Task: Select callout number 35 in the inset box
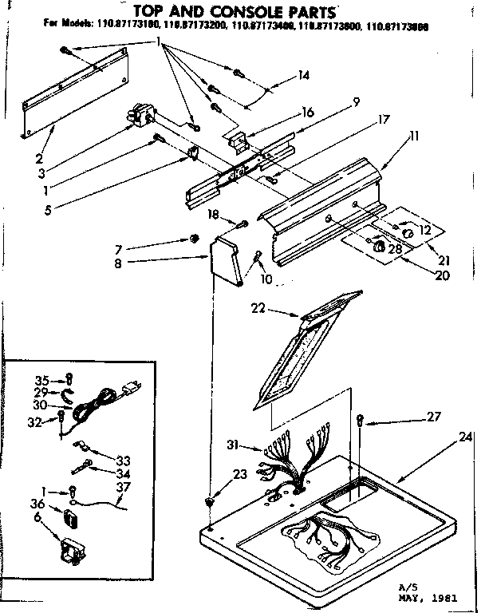[x=42, y=379]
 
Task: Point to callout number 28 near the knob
[x=395, y=250]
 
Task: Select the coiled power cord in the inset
[x=102, y=401]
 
